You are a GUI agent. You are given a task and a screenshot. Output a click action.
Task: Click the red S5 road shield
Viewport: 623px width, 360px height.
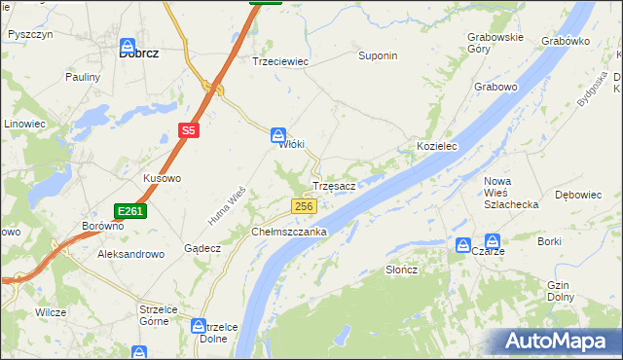(188, 129)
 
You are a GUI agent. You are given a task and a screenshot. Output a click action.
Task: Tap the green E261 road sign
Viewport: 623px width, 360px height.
(129, 211)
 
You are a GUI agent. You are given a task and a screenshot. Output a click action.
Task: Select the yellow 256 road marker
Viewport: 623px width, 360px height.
(305, 206)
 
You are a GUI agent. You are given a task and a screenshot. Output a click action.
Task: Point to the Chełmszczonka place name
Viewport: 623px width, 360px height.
(289, 233)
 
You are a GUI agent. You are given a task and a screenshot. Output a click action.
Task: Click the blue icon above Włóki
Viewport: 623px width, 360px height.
(278, 135)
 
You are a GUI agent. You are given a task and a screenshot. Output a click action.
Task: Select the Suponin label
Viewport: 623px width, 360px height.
(378, 55)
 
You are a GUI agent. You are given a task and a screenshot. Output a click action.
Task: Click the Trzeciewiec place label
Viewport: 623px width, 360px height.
(280, 60)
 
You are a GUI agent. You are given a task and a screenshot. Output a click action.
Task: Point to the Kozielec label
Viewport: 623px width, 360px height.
(437, 145)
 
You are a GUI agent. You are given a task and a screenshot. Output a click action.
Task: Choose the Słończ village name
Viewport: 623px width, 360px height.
(401, 270)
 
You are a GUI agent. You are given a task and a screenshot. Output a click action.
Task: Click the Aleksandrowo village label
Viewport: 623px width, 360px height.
(130, 253)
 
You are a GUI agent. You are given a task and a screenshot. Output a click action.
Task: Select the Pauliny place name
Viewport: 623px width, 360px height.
(83, 77)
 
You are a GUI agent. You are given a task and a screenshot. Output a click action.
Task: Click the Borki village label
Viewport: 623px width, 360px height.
(550, 240)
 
